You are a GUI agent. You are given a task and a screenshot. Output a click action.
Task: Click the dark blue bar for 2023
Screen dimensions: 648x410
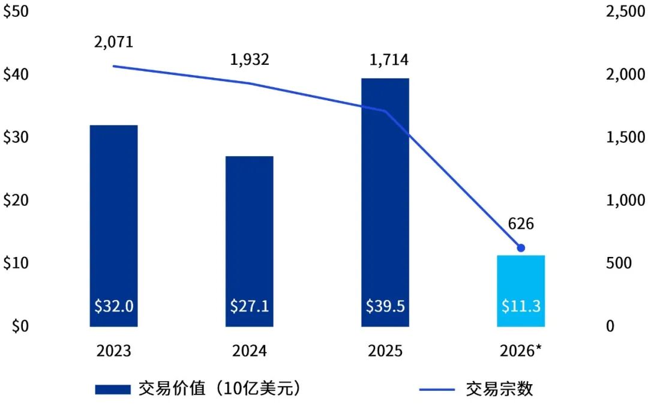coord(113,226)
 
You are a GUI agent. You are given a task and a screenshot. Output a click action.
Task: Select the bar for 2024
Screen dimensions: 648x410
coord(249,241)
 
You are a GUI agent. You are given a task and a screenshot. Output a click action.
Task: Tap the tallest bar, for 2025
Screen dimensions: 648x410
coord(385,202)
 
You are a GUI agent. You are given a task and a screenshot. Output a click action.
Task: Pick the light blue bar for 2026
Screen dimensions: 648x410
coord(521,291)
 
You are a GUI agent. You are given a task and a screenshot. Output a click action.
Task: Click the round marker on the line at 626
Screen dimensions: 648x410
coord(521,248)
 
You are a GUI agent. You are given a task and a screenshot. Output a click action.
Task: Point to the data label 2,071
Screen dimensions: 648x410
coord(113,42)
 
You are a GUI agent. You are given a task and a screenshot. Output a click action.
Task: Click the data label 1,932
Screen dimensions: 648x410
coord(250,59)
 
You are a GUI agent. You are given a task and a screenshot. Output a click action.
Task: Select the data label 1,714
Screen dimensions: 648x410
coord(389,60)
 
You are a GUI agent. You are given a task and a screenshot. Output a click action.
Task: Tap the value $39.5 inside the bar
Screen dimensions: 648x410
coord(385,306)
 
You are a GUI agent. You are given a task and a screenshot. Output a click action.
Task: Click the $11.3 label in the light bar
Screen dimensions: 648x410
coord(521,306)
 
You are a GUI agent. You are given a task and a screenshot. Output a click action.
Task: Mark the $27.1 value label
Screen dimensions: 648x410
coord(250,306)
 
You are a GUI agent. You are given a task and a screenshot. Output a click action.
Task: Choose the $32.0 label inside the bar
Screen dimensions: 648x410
coord(113,306)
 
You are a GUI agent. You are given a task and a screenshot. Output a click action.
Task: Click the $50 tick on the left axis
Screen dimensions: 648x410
coord(16,11)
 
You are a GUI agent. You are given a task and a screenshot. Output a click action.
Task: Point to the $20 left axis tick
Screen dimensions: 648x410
coord(16,200)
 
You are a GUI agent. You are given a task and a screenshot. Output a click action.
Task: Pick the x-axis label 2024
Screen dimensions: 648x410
coord(250,351)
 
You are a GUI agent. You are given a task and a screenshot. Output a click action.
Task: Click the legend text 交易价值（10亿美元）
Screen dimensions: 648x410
coord(220,388)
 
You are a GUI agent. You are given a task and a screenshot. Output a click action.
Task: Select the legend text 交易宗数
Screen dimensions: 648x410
coord(500,389)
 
